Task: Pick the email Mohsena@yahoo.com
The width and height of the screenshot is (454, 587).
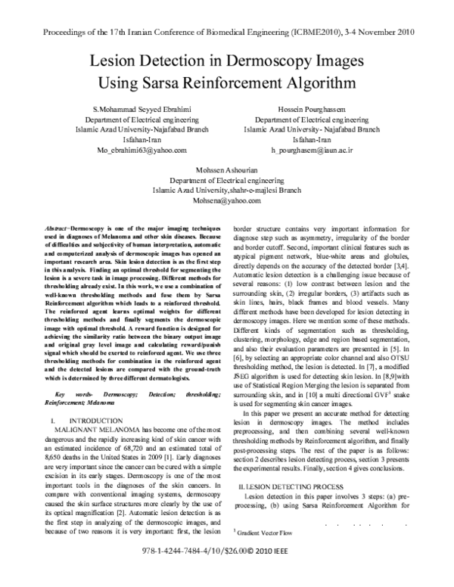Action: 226,202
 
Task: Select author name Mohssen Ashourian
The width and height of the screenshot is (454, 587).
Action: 226,172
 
